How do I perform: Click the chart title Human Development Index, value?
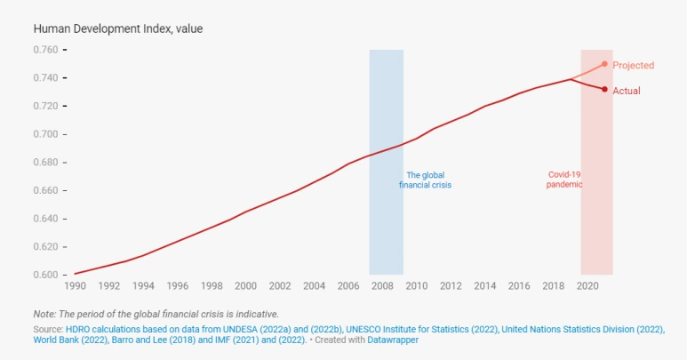click(x=118, y=28)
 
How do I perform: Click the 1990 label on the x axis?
click(x=75, y=286)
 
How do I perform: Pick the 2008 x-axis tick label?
click(x=382, y=286)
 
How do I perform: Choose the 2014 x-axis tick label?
click(x=484, y=286)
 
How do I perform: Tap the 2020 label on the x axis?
click(x=587, y=286)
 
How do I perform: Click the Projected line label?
click(x=633, y=65)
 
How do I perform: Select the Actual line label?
click(x=627, y=91)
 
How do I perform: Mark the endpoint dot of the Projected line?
click(x=604, y=64)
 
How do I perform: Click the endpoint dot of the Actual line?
click(x=604, y=89)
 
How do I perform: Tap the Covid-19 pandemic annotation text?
click(x=564, y=180)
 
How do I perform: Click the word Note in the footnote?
click(x=44, y=314)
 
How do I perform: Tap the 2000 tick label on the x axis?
click(x=245, y=286)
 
